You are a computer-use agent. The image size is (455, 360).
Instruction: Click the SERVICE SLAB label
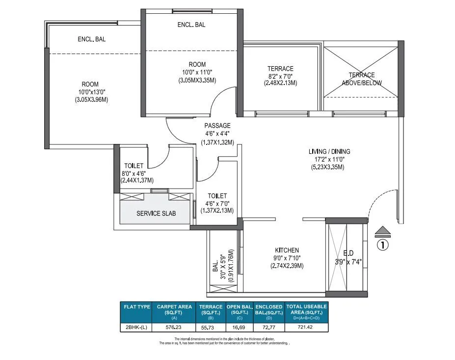coord(156,214)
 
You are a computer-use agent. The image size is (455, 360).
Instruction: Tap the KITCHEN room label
coord(287,250)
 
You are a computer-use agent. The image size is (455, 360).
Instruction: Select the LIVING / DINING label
coord(329,151)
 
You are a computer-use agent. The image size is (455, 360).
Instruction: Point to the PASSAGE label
coord(217,125)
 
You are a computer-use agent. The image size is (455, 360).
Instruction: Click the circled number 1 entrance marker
coord(382,244)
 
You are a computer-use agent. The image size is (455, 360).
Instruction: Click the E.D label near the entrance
coord(348,253)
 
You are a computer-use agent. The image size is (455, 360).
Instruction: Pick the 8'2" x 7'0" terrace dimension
coord(280,76)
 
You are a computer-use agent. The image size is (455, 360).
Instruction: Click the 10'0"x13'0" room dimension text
coord(90,92)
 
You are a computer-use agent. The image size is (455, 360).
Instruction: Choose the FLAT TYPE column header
coord(137,306)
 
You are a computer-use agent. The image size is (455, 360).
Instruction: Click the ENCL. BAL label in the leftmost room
coord(91,39)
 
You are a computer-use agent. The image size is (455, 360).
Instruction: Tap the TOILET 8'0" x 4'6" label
coord(134,166)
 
